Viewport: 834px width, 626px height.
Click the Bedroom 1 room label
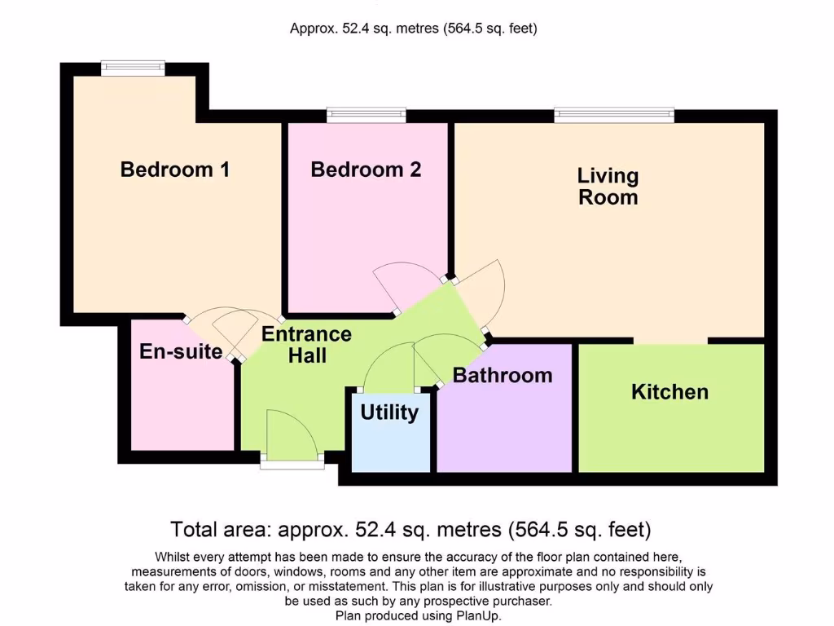point(174,170)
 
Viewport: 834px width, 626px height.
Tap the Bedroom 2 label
point(366,170)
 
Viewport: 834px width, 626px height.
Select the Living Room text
point(608,187)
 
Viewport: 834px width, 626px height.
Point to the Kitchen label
point(669,392)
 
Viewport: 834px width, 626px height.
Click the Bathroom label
point(503,376)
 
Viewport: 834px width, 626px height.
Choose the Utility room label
point(389,412)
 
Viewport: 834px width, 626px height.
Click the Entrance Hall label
point(306,344)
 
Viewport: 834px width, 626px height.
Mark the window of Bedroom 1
point(133,68)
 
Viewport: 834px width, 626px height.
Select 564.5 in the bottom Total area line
point(538,531)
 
